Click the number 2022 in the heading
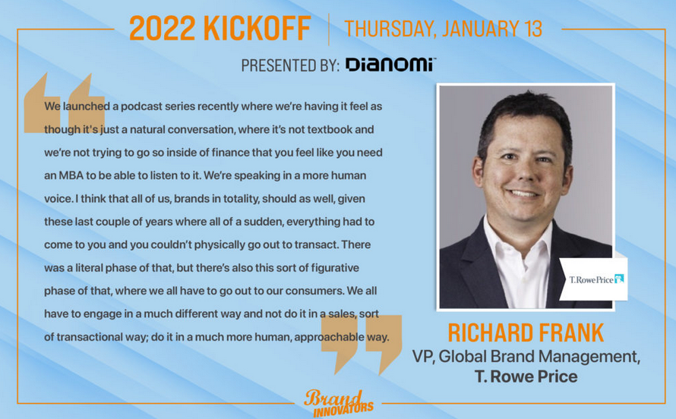pos(162,28)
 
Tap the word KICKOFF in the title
pos(257,28)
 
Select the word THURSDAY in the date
pos(390,29)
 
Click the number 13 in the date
pos(532,28)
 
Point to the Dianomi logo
pos(390,65)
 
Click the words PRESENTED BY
pos(290,65)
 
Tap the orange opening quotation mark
pos(65,103)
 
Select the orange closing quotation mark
pos(362,345)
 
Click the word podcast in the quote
pos(140,106)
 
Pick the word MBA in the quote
pos(71,175)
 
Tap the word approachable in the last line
pos(330,337)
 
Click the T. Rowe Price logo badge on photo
pos(594,279)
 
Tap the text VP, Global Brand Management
pos(526,357)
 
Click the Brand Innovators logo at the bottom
pos(339,403)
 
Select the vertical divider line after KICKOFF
pos(329,30)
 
